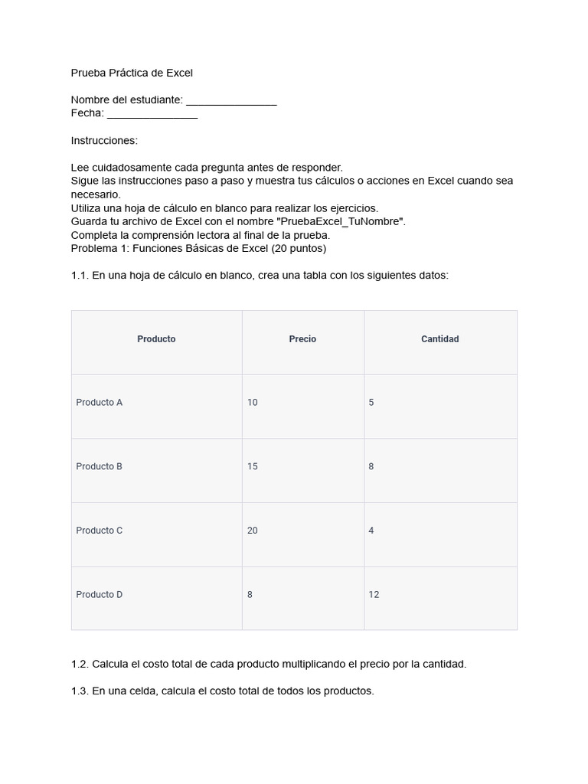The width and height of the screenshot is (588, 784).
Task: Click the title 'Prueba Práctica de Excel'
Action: pos(132,73)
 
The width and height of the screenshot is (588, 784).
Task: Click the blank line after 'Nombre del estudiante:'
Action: pos(231,101)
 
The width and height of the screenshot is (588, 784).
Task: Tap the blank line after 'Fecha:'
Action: pos(152,114)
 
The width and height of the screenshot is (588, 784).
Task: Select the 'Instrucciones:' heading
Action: pos(104,141)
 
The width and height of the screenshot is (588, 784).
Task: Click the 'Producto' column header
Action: pos(156,339)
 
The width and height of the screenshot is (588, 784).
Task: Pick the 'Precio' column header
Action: pos(302,339)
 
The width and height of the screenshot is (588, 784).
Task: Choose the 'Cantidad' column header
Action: pos(440,339)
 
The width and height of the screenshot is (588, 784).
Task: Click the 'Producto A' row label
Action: pos(100,403)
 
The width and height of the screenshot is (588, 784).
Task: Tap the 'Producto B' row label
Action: pos(100,466)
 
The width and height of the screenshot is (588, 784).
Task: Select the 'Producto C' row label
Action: pos(100,531)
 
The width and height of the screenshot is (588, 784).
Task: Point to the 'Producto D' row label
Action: pos(100,595)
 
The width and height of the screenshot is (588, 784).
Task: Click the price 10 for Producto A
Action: pos(253,403)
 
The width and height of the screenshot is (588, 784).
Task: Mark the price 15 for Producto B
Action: pos(253,466)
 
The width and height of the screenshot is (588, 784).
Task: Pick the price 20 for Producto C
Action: pos(253,531)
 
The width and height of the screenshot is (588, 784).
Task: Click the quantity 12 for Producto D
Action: pos(374,595)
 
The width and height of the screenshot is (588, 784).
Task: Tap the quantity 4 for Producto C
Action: pos(371,531)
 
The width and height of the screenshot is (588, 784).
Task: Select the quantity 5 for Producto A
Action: pos(371,403)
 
